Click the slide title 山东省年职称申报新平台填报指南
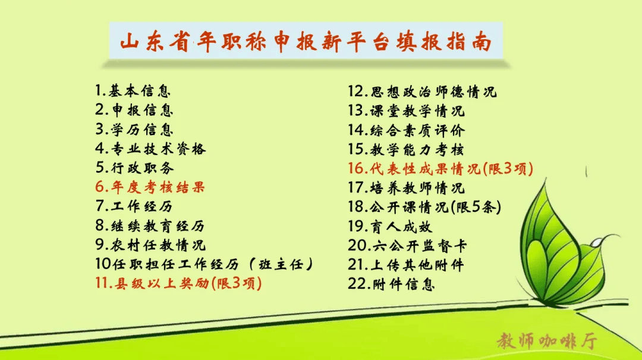306,42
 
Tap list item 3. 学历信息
134,130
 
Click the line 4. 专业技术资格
150,149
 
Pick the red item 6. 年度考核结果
150,187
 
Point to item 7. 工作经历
134,206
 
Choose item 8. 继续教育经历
150,225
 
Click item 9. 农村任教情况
150,245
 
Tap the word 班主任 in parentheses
281,264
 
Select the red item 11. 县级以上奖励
178,283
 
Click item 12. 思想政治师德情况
422,91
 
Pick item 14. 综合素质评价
406,131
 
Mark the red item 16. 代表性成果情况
440,169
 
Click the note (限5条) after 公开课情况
476,207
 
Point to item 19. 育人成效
390,226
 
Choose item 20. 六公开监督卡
407,245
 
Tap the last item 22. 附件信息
391,283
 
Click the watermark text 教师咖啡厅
547,341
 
